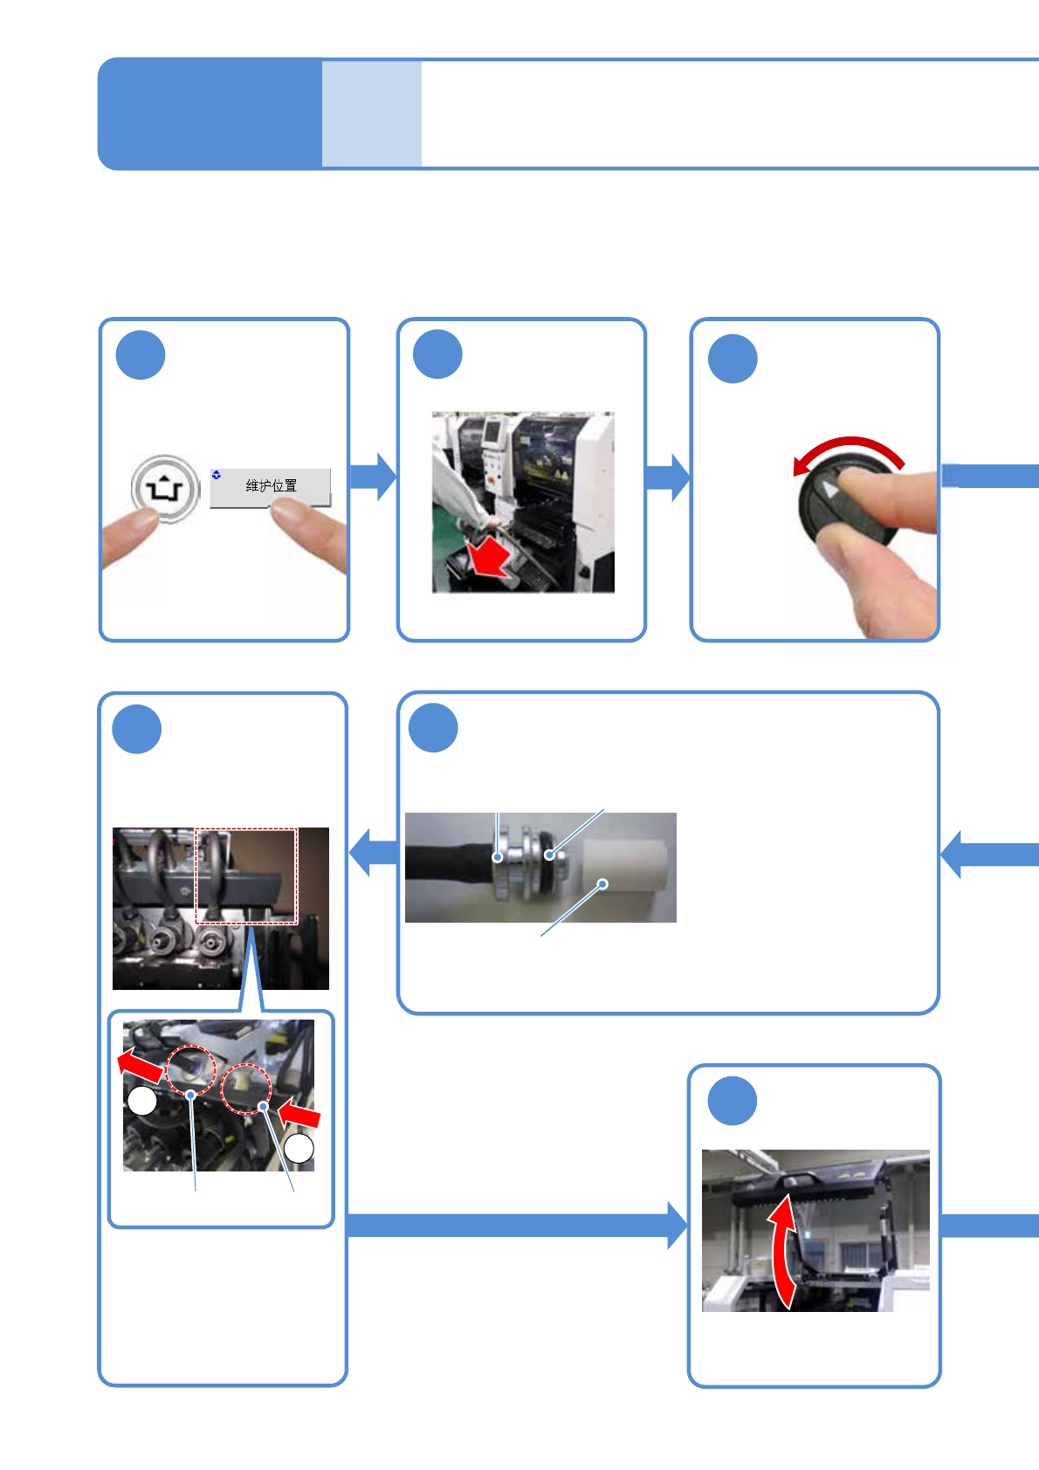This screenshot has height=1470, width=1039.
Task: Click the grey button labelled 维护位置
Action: (x=271, y=486)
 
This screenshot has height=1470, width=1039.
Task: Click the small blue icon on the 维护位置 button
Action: (x=217, y=475)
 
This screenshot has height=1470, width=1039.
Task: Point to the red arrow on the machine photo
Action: (x=489, y=557)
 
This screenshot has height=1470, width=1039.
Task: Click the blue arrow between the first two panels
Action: (x=373, y=477)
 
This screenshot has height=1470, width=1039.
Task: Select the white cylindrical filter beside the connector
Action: (x=626, y=867)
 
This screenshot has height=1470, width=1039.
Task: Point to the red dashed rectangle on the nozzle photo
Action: (x=246, y=876)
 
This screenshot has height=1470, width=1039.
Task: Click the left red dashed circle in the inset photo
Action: (x=191, y=1069)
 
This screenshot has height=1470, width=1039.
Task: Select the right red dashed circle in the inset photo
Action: (x=246, y=1089)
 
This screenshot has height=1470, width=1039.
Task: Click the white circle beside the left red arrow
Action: (x=142, y=1101)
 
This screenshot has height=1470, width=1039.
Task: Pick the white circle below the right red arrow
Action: (x=299, y=1148)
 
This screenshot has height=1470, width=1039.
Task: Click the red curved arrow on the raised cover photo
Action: (x=783, y=1253)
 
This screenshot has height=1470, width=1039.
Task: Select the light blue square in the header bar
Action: (x=372, y=113)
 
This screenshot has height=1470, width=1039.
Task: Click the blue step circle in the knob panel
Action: (x=733, y=359)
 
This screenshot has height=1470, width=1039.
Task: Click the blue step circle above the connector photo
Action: (x=434, y=727)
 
